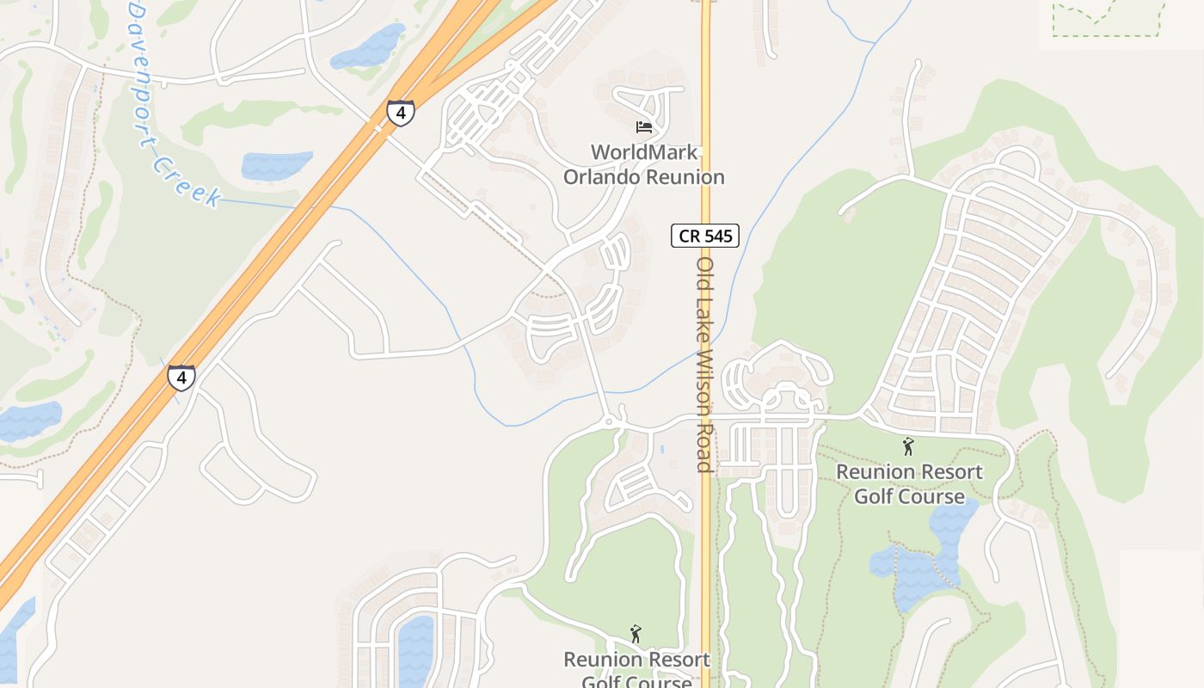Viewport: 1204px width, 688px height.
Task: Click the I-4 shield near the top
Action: [x=400, y=113]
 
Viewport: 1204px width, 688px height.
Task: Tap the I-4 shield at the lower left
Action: [x=181, y=378]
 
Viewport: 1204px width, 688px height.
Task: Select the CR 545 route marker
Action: [x=705, y=236]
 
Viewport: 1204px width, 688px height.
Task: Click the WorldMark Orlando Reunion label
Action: [x=643, y=164]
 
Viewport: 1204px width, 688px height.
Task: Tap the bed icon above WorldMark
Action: [x=644, y=127]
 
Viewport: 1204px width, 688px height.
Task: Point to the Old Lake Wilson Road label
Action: [x=705, y=364]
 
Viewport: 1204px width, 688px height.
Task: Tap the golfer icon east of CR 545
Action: [x=908, y=446]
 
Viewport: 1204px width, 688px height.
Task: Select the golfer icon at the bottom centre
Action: [x=636, y=634]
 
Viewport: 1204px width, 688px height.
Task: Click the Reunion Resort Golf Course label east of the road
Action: [x=909, y=484]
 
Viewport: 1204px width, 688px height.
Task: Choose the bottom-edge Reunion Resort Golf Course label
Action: [x=636, y=671]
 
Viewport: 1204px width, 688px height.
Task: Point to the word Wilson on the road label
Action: [x=705, y=378]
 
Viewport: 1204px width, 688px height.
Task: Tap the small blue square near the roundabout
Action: [x=661, y=449]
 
